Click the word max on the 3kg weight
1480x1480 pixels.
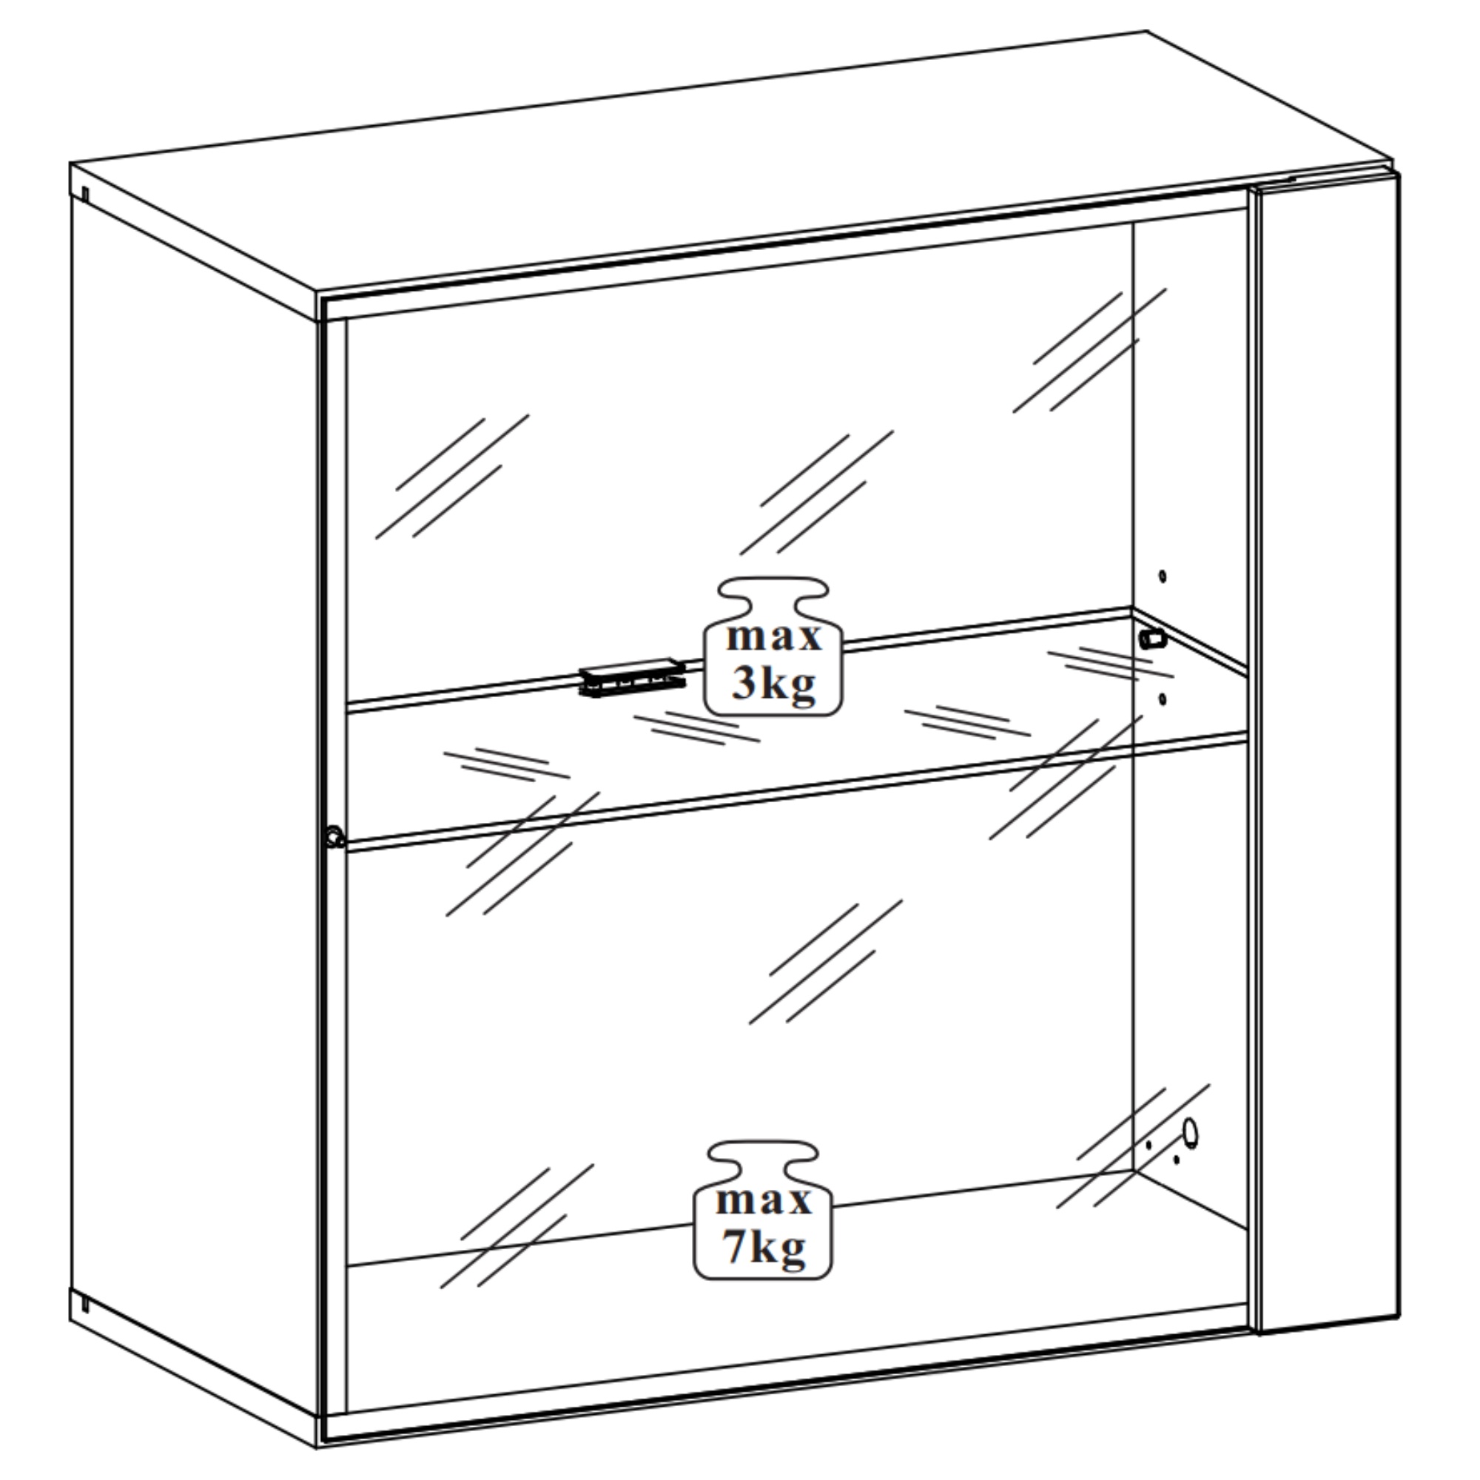click(x=774, y=637)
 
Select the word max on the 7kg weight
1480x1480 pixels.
click(x=764, y=1200)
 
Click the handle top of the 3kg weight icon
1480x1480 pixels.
click(x=774, y=591)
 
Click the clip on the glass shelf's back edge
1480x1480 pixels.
click(x=633, y=677)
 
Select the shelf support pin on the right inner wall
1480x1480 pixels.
click(x=1152, y=638)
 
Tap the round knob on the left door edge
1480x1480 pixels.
click(x=334, y=836)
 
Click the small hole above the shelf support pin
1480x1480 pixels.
click(x=1162, y=576)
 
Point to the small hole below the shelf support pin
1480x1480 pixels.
click(x=1162, y=699)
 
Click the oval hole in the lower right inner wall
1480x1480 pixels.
click(x=1190, y=1133)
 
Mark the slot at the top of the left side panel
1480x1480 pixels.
click(x=85, y=195)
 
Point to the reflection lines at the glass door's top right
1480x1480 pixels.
click(x=1089, y=351)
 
